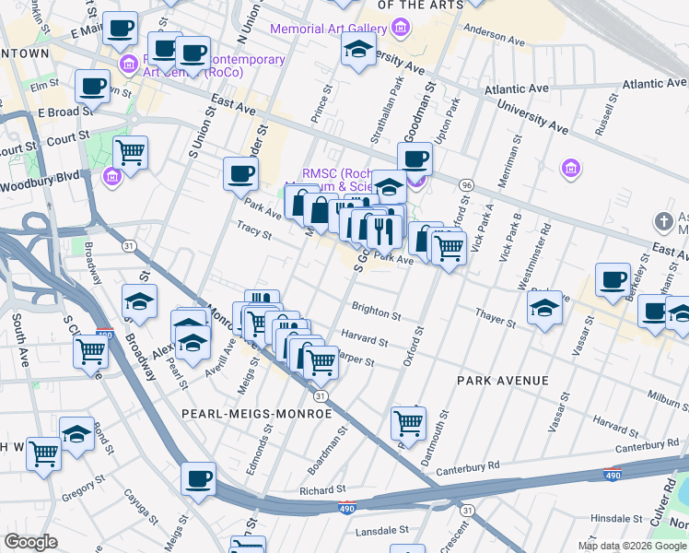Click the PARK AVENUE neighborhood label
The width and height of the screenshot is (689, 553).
tap(503, 381)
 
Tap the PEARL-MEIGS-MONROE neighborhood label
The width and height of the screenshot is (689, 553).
tap(257, 414)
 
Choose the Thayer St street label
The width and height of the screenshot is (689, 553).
tap(496, 318)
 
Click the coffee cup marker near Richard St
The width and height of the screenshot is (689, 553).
tap(198, 478)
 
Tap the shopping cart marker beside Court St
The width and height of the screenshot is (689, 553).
tap(131, 151)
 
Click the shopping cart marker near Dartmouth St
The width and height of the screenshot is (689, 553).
tap(408, 423)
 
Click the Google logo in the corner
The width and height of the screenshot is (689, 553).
tap(31, 541)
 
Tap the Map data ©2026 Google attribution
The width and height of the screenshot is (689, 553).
tap(632, 546)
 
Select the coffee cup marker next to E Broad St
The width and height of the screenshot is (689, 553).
tap(92, 87)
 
